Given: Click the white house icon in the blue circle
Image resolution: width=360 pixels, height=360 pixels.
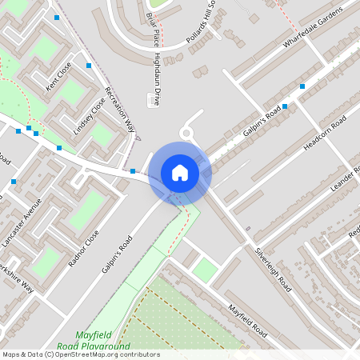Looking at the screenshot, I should coord(180,172).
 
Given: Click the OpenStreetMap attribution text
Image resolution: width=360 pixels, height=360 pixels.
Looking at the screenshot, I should coord(80,354).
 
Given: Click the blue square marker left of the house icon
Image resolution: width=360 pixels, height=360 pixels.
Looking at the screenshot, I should coord(133,170).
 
